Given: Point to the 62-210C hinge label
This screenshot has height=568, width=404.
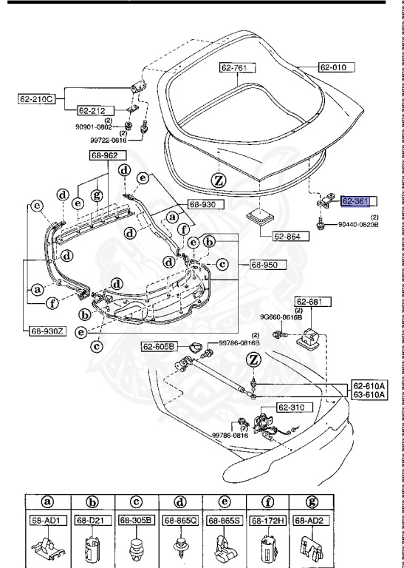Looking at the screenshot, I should coord(37,98).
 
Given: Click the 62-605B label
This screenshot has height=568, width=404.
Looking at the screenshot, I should coord(159,346).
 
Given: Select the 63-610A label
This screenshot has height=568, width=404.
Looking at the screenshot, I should coord(369,395).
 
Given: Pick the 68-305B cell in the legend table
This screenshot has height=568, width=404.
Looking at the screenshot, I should coord(138,521).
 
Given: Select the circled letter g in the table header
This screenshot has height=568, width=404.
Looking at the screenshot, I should coord(311,503).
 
